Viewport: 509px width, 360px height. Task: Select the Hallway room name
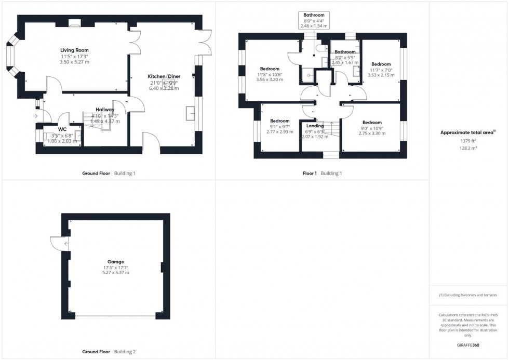[105, 110]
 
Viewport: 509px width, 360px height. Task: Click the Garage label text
[116, 262]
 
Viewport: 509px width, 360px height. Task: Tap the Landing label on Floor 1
[315, 126]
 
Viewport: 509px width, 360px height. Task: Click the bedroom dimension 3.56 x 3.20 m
[270, 80]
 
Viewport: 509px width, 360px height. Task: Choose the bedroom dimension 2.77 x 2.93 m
[279, 132]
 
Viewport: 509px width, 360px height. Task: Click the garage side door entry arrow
[66, 243]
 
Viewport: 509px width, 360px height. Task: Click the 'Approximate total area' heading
[467, 132]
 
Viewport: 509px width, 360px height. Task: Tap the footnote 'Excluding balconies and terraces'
[467, 295]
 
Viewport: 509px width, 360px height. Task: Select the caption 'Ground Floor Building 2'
[109, 352]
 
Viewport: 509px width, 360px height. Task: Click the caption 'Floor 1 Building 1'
[322, 174]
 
